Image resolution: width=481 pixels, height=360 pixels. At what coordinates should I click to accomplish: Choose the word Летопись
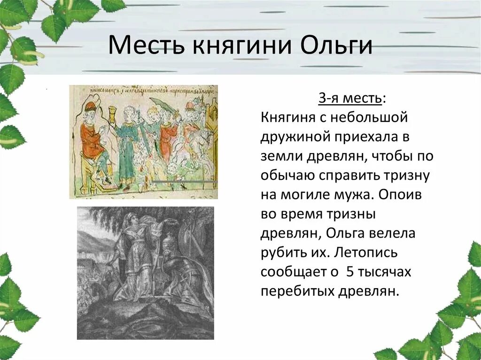366,252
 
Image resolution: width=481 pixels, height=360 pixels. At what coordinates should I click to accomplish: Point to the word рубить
285,252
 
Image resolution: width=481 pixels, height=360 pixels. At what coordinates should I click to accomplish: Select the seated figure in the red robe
93,141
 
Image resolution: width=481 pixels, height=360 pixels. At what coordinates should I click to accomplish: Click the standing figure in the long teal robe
126,146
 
